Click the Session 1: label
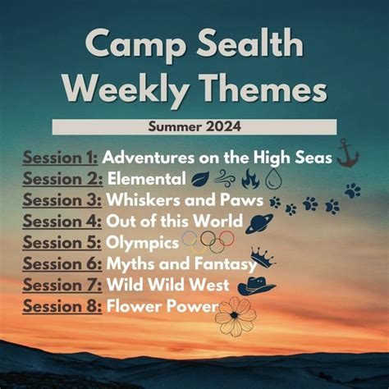point(61,156)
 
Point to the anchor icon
point(348,153)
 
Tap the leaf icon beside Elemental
point(201,178)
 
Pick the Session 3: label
point(61,199)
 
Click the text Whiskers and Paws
point(184,199)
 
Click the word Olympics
point(140,242)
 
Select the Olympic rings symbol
point(208,241)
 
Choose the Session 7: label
point(61,285)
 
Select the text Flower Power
point(160,306)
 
